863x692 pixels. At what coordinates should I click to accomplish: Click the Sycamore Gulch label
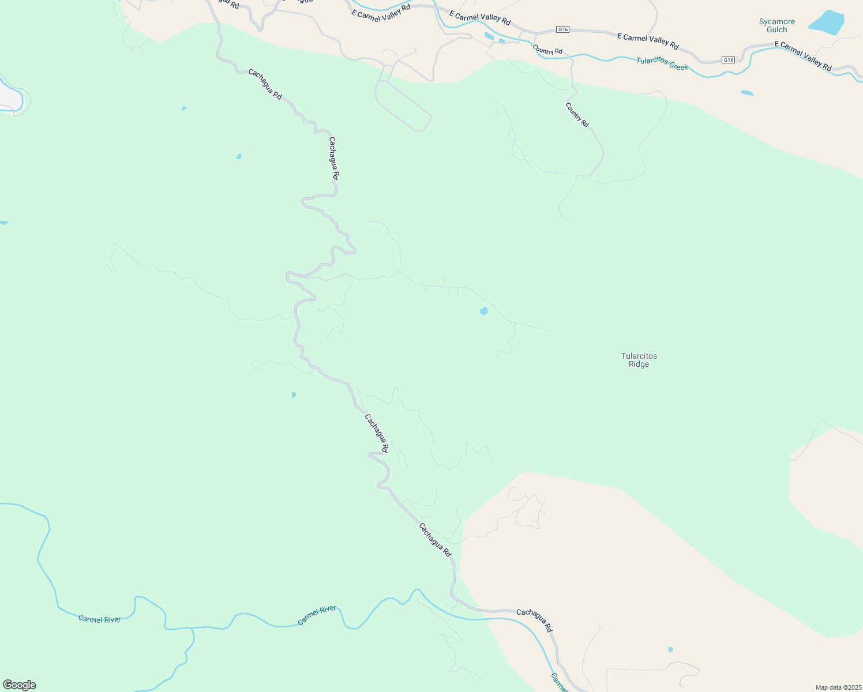coord(776,26)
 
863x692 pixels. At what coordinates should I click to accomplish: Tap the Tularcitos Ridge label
coord(639,360)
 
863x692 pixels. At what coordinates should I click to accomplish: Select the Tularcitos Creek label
coord(662,63)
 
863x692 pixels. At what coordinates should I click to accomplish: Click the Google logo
coord(19,685)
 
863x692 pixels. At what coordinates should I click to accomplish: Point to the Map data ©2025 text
coord(838,687)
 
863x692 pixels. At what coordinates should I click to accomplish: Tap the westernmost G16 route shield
coord(562,29)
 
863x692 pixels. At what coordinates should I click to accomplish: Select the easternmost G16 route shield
coord(729,60)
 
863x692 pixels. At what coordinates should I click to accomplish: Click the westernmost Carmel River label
coord(100,619)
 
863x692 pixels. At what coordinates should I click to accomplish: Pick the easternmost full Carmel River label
coord(317,615)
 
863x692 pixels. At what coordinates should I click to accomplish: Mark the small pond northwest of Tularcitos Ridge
coord(483,311)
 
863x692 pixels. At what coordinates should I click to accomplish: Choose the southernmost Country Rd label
coord(577,115)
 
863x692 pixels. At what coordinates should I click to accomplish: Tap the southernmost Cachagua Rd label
coord(534,620)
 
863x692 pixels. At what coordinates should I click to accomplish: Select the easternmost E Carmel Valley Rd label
coord(803,56)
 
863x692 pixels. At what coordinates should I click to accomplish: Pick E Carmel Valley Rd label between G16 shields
coord(648,41)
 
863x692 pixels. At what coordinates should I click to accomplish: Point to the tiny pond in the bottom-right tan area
coord(670,650)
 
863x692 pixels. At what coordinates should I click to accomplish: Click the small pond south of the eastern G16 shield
coord(747,93)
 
